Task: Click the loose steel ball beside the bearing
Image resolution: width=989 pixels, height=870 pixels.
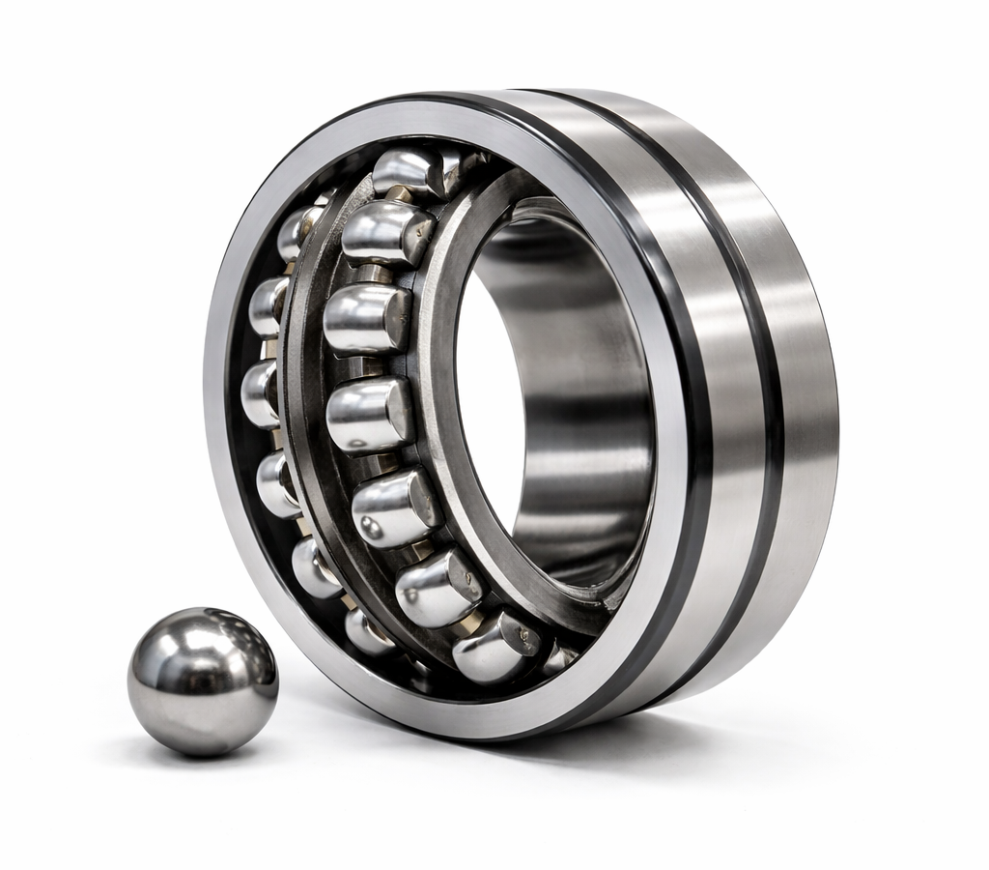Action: pos(203,680)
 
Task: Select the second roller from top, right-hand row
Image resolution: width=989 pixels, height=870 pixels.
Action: pos(386,233)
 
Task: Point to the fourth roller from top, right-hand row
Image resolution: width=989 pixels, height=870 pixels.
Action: pos(369,415)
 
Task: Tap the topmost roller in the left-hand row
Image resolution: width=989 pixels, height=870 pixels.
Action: pos(300,231)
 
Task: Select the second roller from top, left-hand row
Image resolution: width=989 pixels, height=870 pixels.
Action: pos(268,305)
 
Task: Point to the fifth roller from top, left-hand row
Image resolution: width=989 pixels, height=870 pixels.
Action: pos(315,567)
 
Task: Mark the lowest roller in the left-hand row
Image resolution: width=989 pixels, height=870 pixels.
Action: pos(367,632)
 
